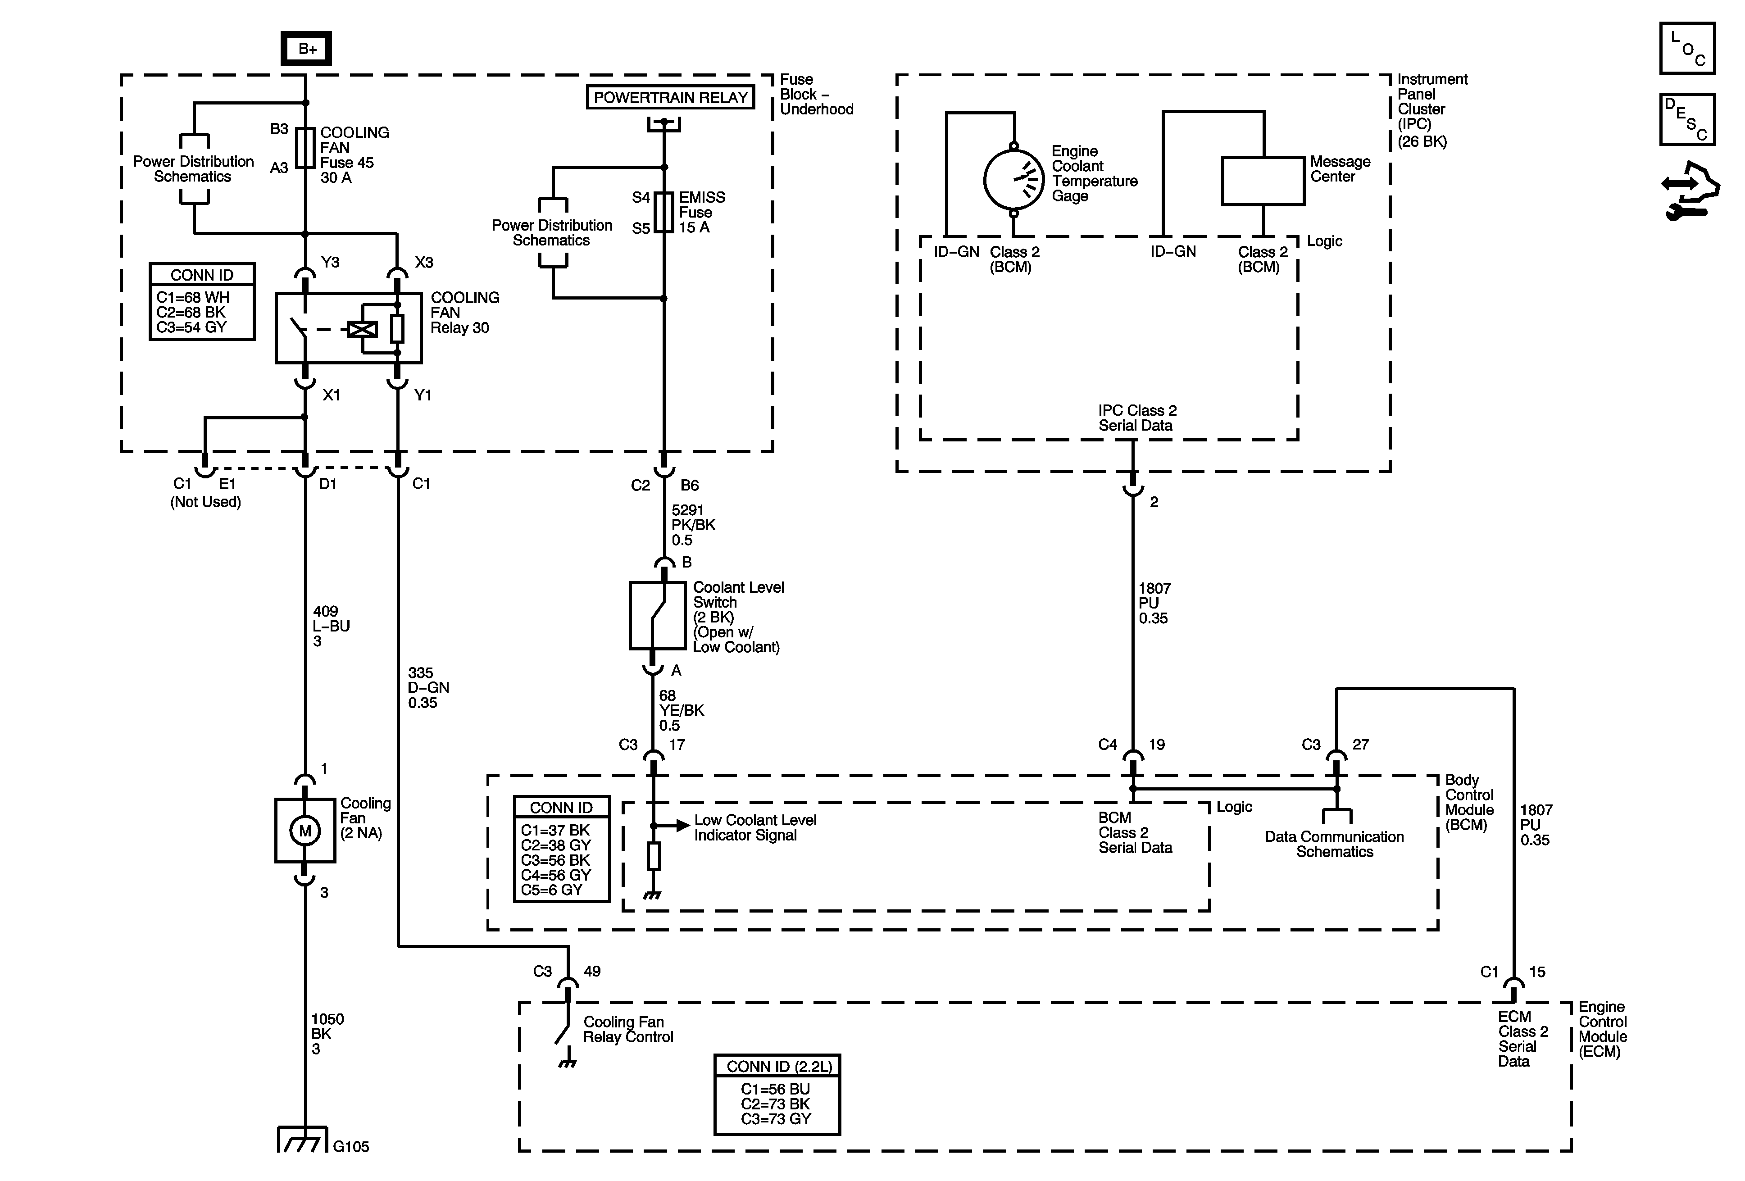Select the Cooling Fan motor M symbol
pos(305,831)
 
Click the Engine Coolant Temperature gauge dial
pos(1013,179)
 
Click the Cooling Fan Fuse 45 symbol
pos(305,147)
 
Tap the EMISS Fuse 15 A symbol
pos(664,213)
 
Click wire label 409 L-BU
pos(330,626)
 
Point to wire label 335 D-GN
pos(428,687)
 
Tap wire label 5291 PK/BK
pos(692,525)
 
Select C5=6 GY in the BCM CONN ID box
pos(551,890)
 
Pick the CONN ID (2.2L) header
pos(777,1066)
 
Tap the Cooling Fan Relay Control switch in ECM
pos(563,1032)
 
